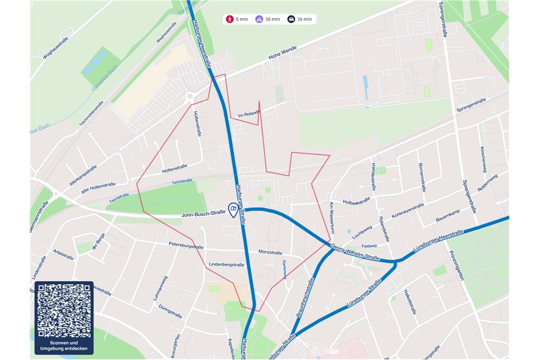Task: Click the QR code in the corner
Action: pos(64,310)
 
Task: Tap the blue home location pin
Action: pos(233,209)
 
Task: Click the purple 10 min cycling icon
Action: pos(260,19)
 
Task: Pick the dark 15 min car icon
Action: pos(291,19)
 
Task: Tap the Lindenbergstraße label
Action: pos(226,264)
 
